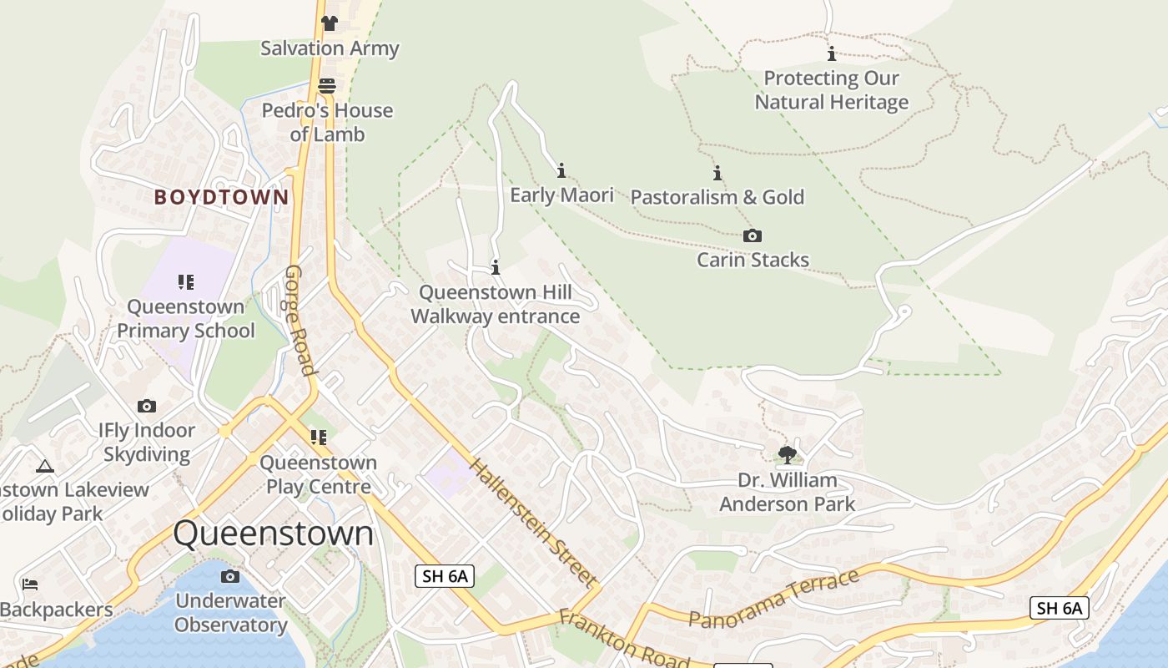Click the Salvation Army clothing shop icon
[330, 23]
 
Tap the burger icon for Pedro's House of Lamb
[327, 86]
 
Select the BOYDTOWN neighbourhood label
[221, 198]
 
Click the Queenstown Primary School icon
[185, 282]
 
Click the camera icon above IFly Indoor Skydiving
[147, 407]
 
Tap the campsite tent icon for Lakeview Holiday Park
[45, 466]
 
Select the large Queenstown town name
[274, 534]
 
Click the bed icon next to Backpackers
[30, 584]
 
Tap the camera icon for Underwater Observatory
[230, 576]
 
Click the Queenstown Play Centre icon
[318, 438]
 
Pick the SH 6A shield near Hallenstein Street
[444, 575]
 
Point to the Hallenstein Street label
[533, 522]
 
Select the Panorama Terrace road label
[773, 598]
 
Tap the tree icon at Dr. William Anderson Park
[787, 455]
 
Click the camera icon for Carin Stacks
[753, 235]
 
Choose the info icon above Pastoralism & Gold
[717, 173]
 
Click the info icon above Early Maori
[561, 170]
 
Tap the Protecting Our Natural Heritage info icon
[831, 54]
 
